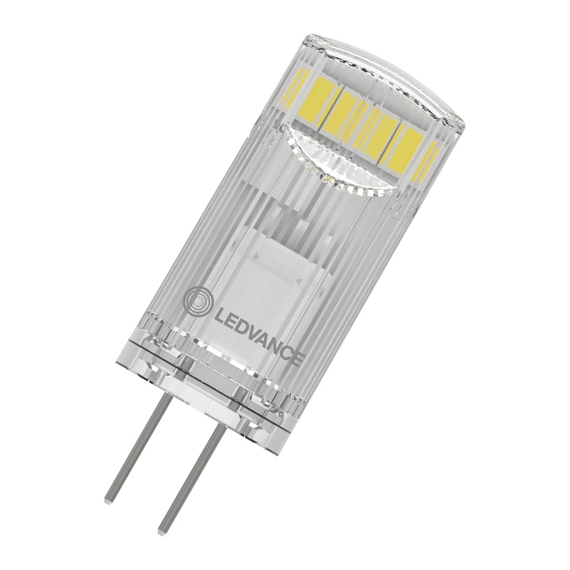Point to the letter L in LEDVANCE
tap(218, 313)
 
